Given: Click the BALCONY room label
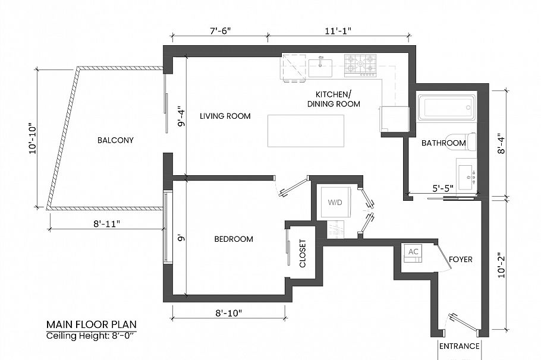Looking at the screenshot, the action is point(115,140).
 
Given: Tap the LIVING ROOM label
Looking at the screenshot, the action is point(225,116).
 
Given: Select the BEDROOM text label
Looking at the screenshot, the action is point(234,239).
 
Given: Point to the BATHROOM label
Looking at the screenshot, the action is point(444,143).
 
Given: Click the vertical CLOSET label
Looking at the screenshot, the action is point(303,254).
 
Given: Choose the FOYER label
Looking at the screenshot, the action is point(461,260).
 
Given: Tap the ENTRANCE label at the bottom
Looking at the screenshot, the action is point(459,346).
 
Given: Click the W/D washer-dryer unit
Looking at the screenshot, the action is point(336,203).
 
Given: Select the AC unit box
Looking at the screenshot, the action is point(413,253).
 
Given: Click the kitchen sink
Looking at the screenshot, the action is point(320,68).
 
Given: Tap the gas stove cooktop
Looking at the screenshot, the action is point(360,65).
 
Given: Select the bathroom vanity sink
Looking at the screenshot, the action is point(467,176).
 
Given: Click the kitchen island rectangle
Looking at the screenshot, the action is point(306,131).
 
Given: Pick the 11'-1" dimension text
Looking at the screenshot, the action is point(338,31).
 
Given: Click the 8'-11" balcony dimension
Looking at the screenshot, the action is point(106,224).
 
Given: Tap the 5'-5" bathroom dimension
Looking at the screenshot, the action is point(443,188).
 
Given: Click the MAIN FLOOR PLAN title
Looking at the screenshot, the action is point(92,324).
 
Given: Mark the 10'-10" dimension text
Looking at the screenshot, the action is point(33,138).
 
